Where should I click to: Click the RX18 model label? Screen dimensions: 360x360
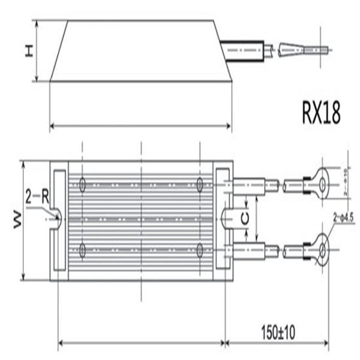(321, 113)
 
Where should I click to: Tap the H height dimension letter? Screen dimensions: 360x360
(28, 52)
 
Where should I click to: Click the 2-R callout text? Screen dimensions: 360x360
(37, 196)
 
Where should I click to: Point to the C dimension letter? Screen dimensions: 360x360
(245, 220)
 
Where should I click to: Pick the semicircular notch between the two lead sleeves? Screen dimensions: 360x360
(227, 219)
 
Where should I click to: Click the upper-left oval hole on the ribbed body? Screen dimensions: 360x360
(82, 184)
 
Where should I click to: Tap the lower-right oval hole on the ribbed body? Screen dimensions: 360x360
(199, 251)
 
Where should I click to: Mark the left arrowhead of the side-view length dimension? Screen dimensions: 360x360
(52, 126)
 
